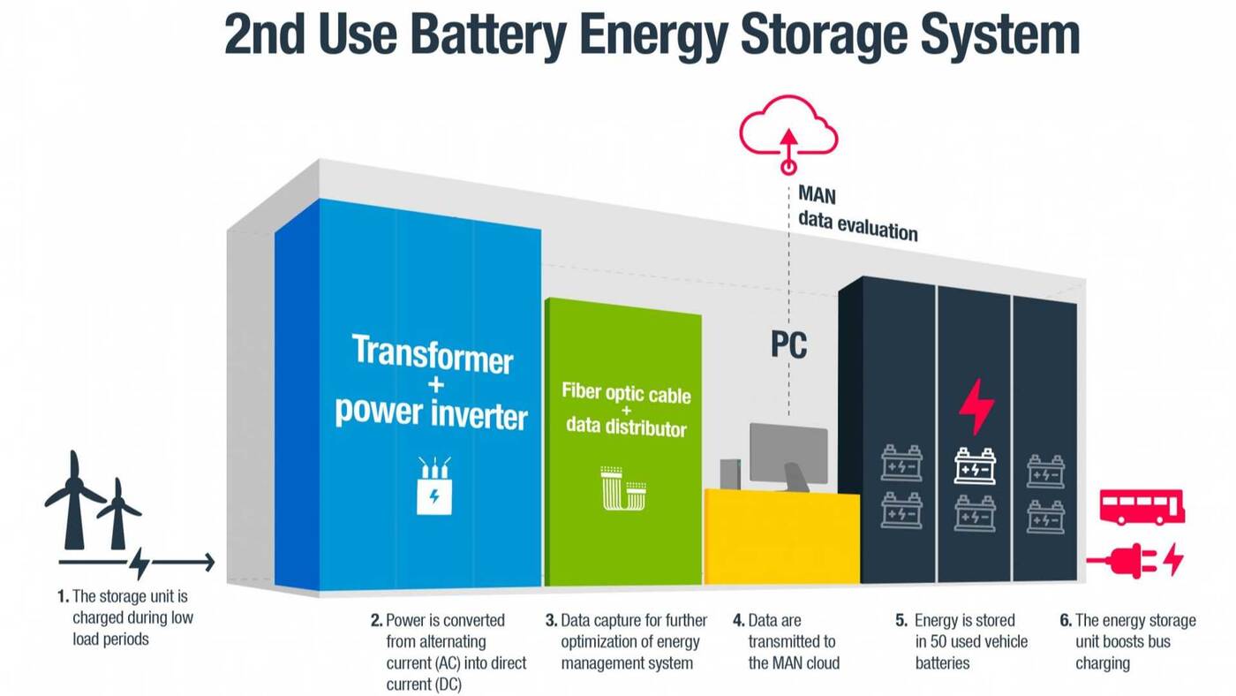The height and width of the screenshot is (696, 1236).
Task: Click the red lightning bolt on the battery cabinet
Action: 976,406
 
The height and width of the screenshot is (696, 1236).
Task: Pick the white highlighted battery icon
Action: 975,465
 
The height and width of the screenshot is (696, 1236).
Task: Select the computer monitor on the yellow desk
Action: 788,452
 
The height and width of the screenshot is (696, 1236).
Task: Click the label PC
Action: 788,345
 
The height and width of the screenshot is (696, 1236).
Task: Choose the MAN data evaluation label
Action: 856,213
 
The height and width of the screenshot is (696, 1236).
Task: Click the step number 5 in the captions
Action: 901,620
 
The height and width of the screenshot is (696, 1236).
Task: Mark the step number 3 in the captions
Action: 551,620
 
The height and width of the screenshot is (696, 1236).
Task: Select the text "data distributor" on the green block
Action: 625,428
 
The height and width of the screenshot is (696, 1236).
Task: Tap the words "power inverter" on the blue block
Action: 431,412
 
